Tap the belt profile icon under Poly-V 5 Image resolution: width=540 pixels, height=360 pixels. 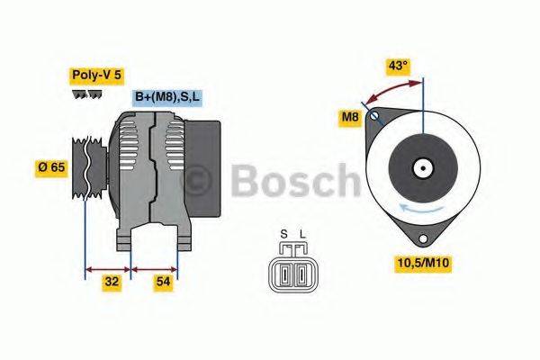pyautogui.click(x=85, y=96)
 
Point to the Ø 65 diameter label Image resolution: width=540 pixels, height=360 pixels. pyautogui.click(x=51, y=166)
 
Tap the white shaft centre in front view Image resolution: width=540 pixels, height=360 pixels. pyautogui.click(x=420, y=167)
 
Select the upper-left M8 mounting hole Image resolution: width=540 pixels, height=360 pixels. pyautogui.click(x=376, y=113)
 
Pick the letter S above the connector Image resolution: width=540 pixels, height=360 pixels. pyautogui.click(x=283, y=235)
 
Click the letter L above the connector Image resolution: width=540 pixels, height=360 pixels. pyautogui.click(x=302, y=235)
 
